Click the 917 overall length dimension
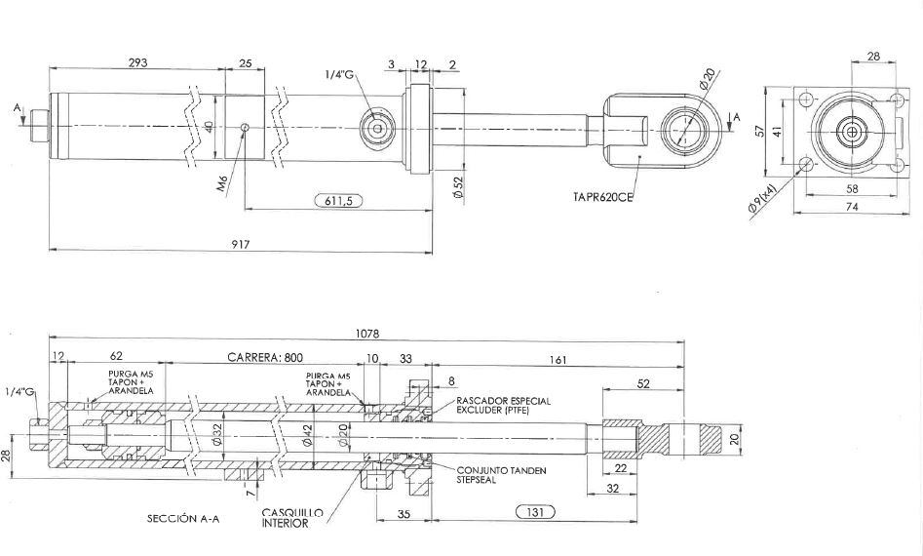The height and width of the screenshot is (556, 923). (241, 244)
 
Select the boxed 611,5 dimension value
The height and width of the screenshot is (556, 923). (338, 201)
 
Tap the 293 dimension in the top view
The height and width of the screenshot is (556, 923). (137, 62)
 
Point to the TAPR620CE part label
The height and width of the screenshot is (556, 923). (602, 197)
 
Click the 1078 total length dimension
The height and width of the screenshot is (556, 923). (367, 334)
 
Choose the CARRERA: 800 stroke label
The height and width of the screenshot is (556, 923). (265, 357)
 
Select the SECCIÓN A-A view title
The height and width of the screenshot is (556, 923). (183, 518)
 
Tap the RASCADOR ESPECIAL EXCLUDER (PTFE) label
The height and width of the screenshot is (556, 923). (503, 405)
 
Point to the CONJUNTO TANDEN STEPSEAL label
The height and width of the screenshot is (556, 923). (502, 475)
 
